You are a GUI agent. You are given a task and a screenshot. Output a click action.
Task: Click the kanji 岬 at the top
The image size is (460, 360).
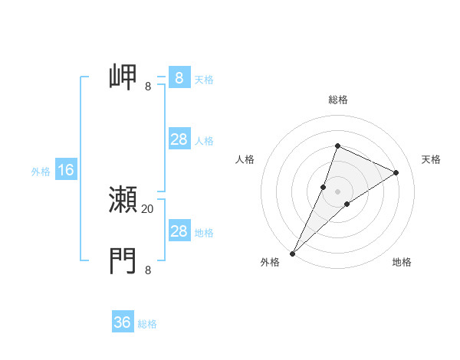point(123,78)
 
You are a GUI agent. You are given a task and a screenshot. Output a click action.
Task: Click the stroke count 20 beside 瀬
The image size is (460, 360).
point(148,208)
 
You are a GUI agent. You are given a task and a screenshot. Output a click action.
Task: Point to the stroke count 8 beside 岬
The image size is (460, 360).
point(148,87)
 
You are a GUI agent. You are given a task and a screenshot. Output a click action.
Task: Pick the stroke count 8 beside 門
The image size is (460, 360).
point(148,270)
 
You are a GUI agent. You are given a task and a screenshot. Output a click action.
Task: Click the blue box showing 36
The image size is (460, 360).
point(123,322)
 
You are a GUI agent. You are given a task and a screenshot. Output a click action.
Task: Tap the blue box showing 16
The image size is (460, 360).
point(66,170)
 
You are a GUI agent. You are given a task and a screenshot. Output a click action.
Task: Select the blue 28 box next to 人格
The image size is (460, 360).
point(179,139)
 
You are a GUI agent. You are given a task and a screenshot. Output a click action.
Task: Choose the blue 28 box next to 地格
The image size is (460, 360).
point(179,231)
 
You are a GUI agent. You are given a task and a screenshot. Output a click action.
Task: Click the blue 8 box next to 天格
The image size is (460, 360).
point(179,78)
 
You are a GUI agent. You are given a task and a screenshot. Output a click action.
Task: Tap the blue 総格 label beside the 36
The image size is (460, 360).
point(148,324)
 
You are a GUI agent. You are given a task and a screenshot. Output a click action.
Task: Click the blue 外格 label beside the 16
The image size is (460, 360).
point(41,172)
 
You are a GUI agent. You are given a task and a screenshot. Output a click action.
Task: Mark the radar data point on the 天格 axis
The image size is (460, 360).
point(396,172)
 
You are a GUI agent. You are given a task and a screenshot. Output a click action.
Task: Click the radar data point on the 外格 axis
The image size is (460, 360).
point(293,253)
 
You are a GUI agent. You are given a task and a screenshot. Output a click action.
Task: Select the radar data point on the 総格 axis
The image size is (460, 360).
point(337,146)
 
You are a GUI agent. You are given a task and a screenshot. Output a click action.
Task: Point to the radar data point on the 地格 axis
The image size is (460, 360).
point(347,204)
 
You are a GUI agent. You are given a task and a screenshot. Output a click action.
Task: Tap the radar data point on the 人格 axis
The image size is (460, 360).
point(324,186)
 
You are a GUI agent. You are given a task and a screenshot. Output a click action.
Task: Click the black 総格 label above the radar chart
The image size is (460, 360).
point(338,100)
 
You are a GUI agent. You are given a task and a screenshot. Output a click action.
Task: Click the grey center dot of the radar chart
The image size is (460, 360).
point(337,191)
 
